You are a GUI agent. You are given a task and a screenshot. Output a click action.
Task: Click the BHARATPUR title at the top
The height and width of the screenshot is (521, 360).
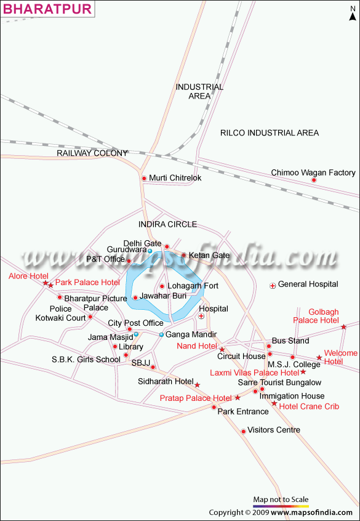(x=47, y=9)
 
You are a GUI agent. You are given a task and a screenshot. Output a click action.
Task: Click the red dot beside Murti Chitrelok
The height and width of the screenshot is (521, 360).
(x=144, y=179)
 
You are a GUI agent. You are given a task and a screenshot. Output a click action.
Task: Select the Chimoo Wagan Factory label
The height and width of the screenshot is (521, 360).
(x=313, y=173)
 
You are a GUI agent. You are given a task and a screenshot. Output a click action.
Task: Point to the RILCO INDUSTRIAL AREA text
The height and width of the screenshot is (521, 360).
(x=270, y=133)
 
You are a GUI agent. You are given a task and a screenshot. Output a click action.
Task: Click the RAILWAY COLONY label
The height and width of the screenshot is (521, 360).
(x=92, y=153)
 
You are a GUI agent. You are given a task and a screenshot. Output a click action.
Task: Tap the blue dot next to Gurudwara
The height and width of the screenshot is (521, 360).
(x=150, y=251)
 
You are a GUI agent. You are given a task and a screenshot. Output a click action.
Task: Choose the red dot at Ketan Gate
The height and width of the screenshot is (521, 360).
(x=183, y=255)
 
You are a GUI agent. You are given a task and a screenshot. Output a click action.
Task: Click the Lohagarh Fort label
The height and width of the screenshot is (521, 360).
(x=193, y=286)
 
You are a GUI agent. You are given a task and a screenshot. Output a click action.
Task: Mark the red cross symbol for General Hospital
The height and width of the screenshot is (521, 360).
(x=273, y=286)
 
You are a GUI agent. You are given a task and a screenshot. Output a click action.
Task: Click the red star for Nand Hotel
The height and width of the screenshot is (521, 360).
(x=222, y=350)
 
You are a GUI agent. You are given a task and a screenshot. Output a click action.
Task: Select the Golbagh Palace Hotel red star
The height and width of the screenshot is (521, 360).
(x=344, y=327)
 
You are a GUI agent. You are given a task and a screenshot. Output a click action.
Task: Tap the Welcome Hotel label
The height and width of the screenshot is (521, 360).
(x=341, y=357)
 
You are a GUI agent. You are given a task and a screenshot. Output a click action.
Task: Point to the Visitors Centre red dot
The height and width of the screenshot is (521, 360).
(x=244, y=431)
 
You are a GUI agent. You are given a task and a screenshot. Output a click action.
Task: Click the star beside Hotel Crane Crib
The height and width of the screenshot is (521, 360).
(x=274, y=403)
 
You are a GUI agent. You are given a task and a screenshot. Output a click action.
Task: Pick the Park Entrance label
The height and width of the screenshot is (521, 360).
(x=242, y=411)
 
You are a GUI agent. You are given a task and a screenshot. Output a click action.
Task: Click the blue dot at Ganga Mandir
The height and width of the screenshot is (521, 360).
(x=161, y=334)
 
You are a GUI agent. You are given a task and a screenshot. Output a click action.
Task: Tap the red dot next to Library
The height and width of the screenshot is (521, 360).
(x=115, y=347)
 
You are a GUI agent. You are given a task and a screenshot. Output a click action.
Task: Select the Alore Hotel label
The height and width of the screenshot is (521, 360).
(x=28, y=276)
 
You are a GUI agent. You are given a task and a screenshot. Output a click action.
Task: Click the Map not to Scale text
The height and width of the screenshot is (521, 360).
(x=281, y=499)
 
